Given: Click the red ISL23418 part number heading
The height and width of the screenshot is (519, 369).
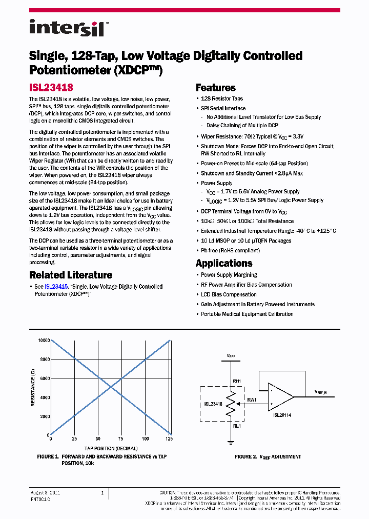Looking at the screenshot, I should [x=51, y=88].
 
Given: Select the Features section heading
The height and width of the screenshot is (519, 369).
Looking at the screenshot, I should [x=215, y=88].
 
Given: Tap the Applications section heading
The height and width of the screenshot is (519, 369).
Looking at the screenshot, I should [x=224, y=263].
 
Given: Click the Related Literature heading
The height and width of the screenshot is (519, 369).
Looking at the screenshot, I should [x=71, y=275].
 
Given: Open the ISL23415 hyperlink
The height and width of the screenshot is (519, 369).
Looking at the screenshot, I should [x=56, y=287].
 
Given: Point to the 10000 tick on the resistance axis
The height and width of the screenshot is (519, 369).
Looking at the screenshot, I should [x=43, y=341].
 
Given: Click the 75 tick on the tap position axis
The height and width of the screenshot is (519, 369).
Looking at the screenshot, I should [x=121, y=440].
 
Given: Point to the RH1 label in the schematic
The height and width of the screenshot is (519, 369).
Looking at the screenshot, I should [x=236, y=381].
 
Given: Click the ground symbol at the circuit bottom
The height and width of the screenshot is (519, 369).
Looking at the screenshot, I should [x=231, y=441].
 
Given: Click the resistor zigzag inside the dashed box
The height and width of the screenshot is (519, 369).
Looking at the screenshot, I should [x=231, y=404].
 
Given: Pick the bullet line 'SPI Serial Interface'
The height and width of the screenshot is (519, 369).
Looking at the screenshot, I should [x=223, y=108].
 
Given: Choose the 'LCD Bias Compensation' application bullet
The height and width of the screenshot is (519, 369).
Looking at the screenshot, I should [x=229, y=294].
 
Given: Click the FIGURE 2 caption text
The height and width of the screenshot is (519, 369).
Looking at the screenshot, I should [x=268, y=456].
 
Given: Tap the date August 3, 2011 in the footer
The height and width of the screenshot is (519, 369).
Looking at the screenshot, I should [x=46, y=492].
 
